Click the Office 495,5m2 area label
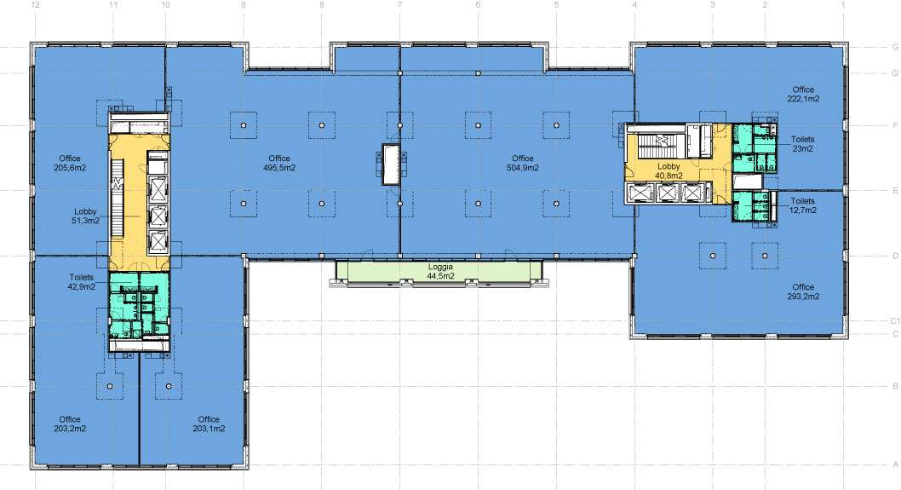[x=279, y=163]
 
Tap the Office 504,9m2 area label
[x=523, y=163]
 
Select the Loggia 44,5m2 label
[x=441, y=272]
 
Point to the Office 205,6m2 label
[x=70, y=163]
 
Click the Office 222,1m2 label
[x=803, y=94]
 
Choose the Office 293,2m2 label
[x=803, y=291]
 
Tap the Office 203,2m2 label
[x=70, y=424]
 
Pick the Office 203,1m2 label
[x=209, y=424]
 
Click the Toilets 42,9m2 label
[x=82, y=282]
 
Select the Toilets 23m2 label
[x=803, y=144]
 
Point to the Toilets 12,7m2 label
[x=803, y=205]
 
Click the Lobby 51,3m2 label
[x=85, y=216]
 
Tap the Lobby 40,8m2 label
[x=669, y=170]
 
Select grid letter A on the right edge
[x=895, y=464]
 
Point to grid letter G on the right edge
[x=895, y=47]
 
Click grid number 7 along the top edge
[x=400, y=4]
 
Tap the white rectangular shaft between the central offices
[x=392, y=164]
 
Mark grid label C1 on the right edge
[x=895, y=321]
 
